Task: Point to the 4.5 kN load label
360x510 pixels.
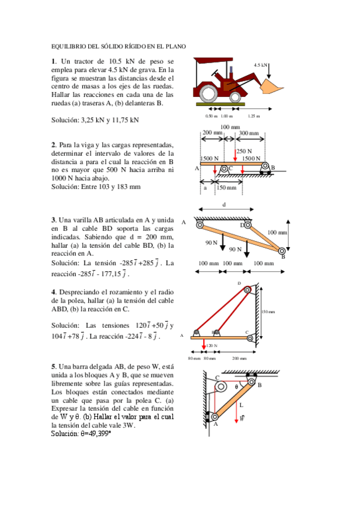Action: [260, 64]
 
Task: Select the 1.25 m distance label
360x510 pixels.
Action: [254, 116]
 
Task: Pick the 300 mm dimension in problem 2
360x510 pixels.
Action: [248, 133]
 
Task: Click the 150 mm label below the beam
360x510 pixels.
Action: [227, 188]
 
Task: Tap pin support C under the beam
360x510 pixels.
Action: [224, 169]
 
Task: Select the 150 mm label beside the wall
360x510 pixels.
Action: [267, 312]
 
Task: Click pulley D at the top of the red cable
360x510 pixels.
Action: [247, 290]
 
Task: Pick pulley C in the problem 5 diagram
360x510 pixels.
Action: [221, 386]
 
